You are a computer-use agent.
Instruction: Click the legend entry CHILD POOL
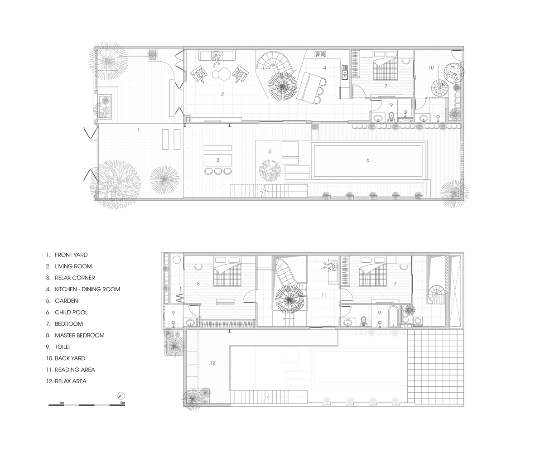[x=71, y=312]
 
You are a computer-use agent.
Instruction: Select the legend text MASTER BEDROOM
[x=79, y=335]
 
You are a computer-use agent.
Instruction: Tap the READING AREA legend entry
[x=75, y=370]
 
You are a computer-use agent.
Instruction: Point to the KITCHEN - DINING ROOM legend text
[x=87, y=289]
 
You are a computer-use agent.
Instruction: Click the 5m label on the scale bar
[x=122, y=403]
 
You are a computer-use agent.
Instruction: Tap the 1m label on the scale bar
[x=62, y=403]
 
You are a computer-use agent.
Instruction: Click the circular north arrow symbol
[x=121, y=395]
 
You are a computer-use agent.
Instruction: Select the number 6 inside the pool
[x=367, y=160]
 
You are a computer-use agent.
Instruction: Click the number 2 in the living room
[x=222, y=94]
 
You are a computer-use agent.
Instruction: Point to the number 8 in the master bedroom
[x=198, y=284]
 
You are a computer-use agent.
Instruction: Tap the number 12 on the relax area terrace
[x=212, y=362]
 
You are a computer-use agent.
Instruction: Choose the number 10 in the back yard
[x=431, y=67]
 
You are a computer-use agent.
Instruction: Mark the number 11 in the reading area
[x=323, y=295]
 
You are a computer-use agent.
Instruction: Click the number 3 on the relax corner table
[x=218, y=160]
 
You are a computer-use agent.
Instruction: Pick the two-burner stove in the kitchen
[x=320, y=54]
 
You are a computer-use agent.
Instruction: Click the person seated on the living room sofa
[x=216, y=58]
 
